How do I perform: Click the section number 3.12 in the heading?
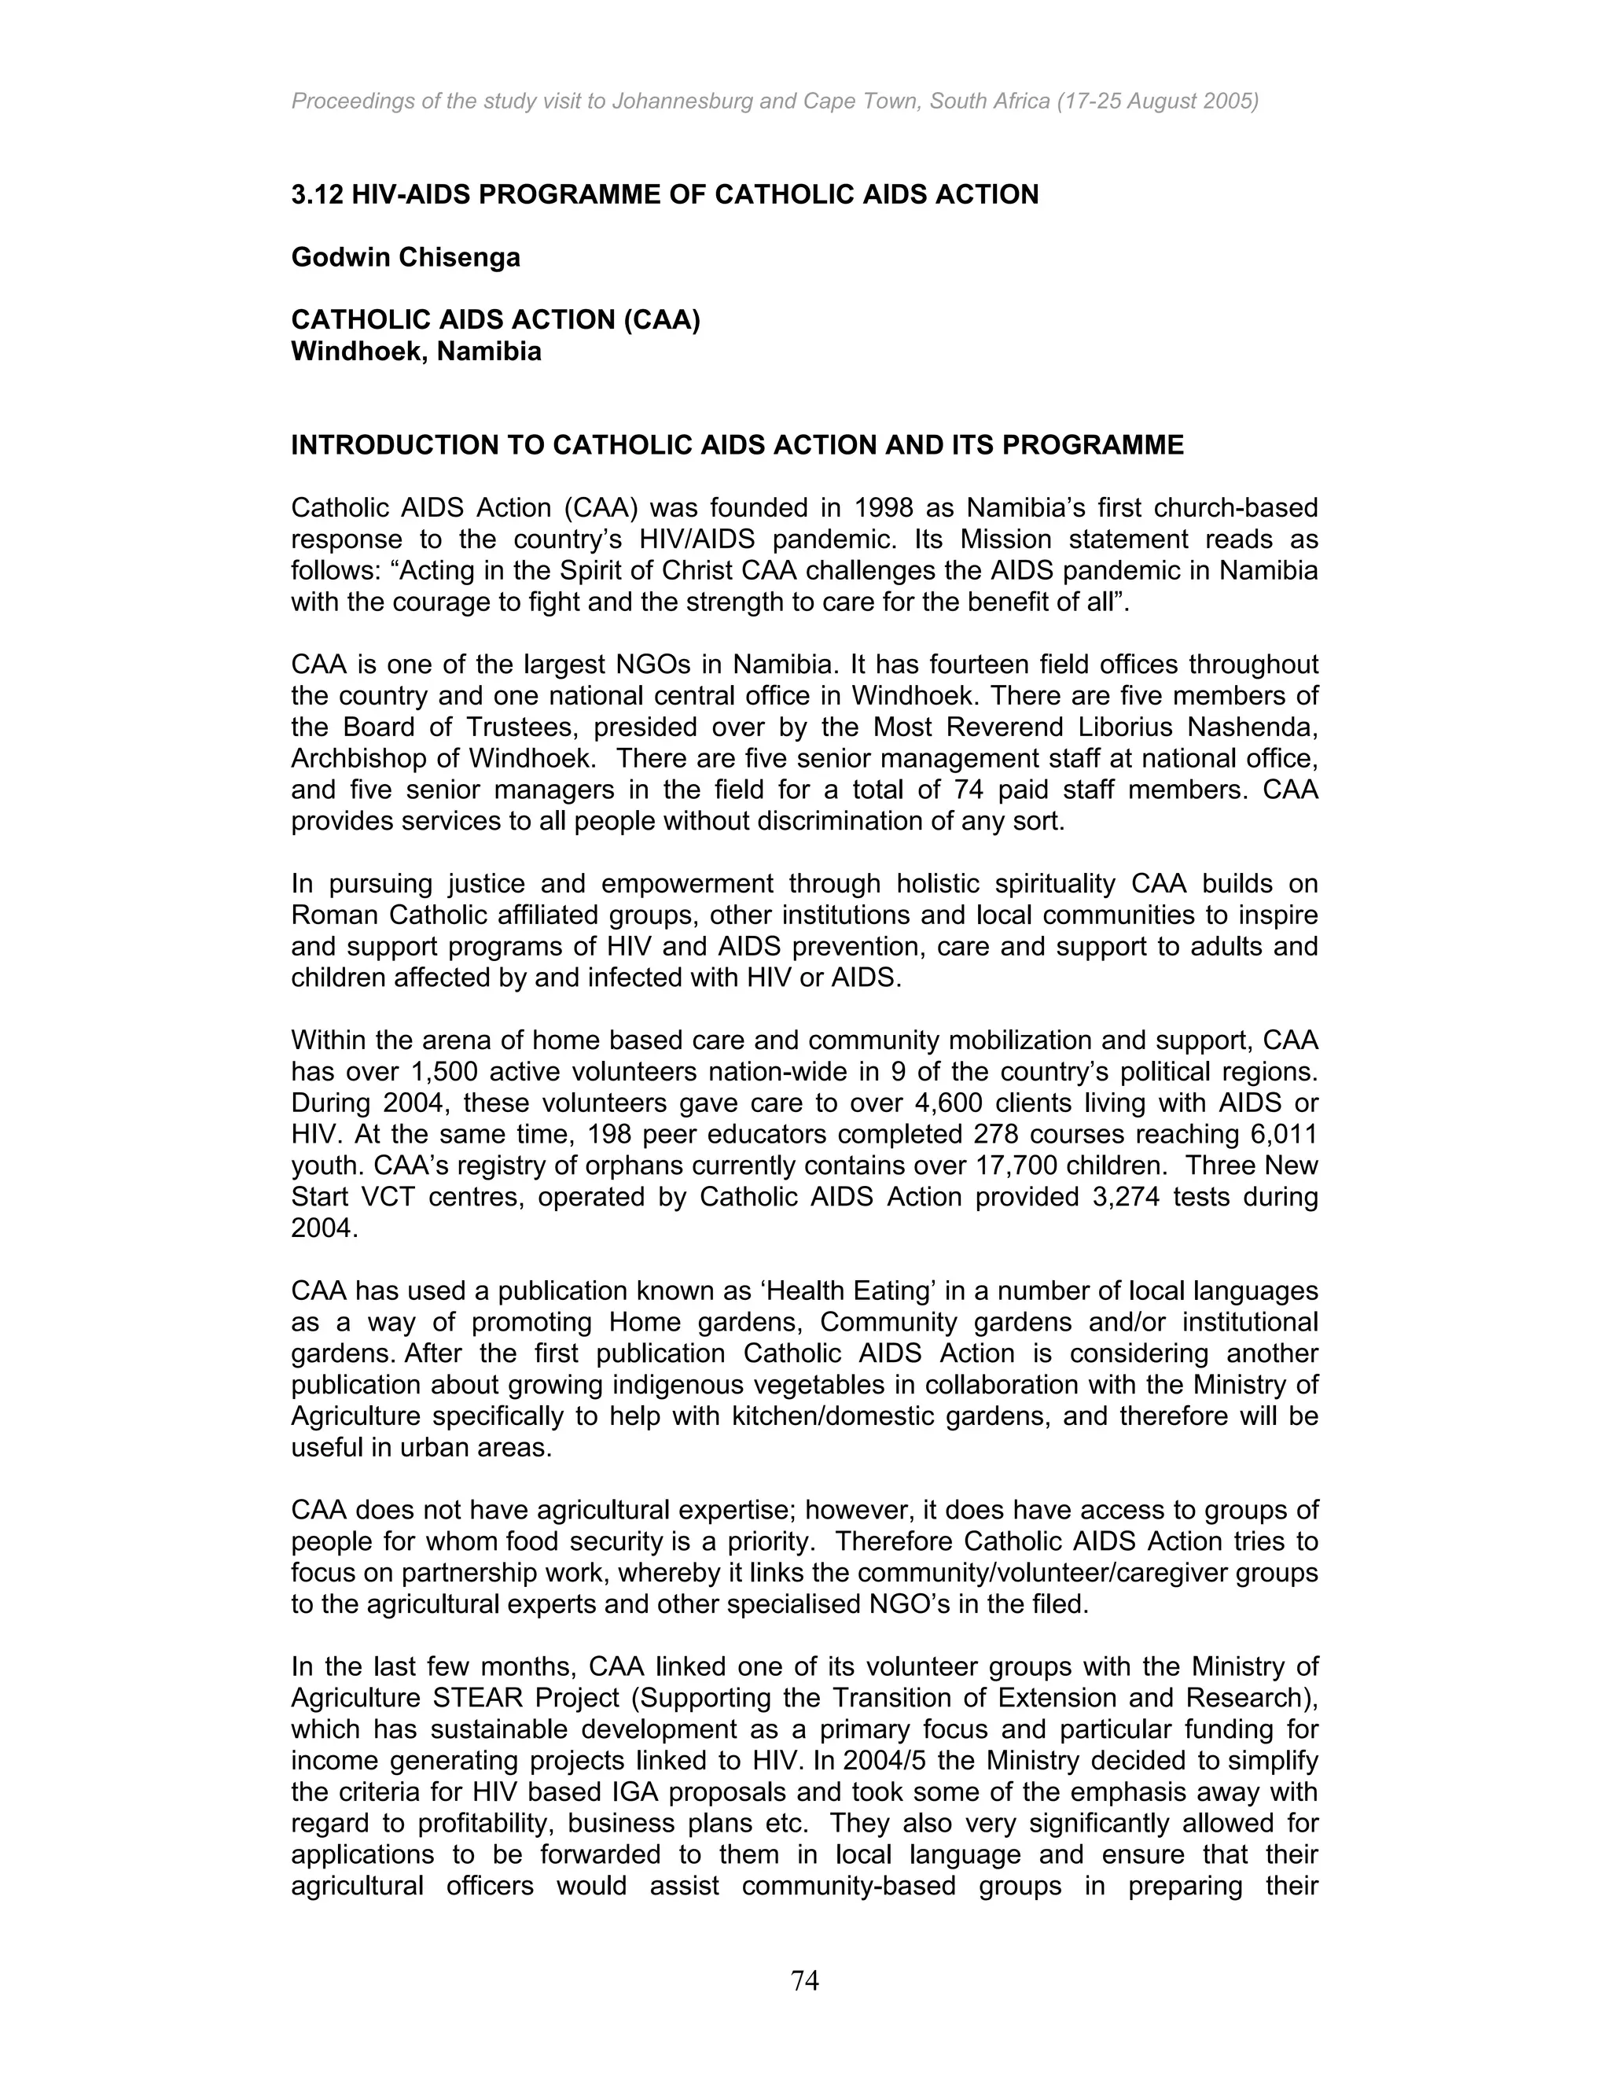point(317,195)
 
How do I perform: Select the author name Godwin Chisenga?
point(406,258)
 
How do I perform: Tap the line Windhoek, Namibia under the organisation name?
point(416,352)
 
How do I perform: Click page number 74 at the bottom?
point(804,1981)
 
